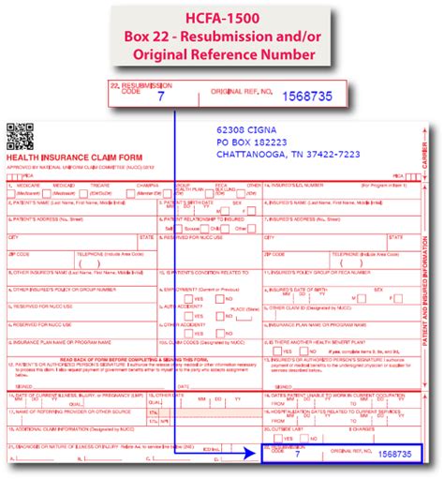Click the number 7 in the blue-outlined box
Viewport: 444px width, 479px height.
[297, 454]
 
